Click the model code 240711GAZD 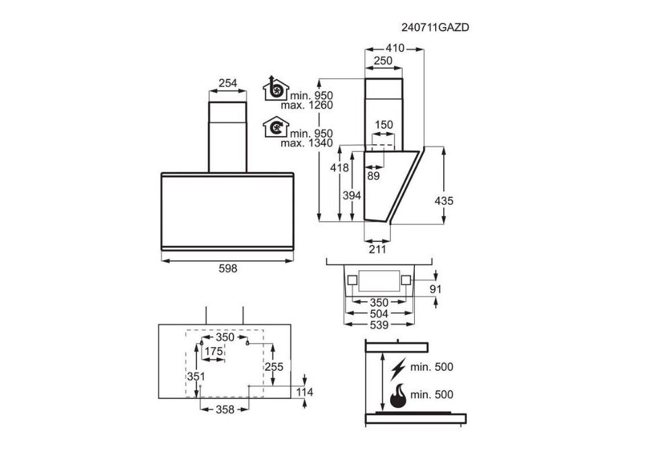click(x=435, y=28)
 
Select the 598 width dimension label click(x=227, y=268)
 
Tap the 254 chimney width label click(x=227, y=83)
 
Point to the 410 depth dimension click(x=395, y=49)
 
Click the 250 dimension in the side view click(x=383, y=61)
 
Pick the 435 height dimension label click(x=444, y=201)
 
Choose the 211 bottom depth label click(x=377, y=249)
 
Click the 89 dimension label click(x=373, y=176)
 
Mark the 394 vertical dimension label click(x=351, y=195)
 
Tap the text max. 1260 click(x=307, y=105)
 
